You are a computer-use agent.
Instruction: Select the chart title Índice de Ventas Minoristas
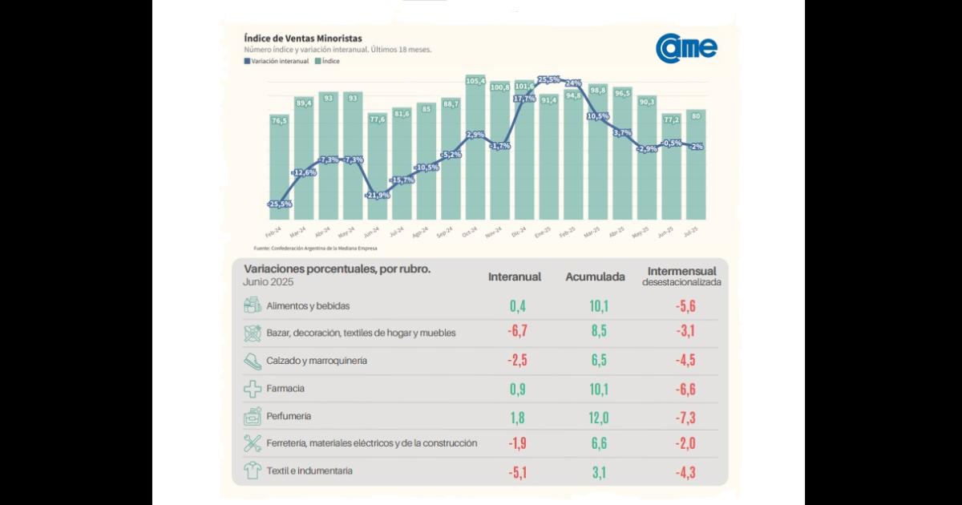[x=302, y=38]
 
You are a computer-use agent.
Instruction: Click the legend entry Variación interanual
[x=277, y=61]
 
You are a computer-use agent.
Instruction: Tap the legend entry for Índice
[x=327, y=61]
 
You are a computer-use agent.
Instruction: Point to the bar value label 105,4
[x=475, y=81]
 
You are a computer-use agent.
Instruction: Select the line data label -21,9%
[x=378, y=195]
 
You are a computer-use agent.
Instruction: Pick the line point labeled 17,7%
[x=524, y=99]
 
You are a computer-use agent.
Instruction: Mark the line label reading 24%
[x=573, y=83]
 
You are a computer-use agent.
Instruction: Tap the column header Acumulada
[x=595, y=277]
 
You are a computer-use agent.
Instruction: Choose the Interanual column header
[x=515, y=277]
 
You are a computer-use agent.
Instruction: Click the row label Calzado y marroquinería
[x=317, y=361]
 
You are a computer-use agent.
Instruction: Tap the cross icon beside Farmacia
[x=253, y=389]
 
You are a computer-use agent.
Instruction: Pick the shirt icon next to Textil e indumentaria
[x=253, y=471]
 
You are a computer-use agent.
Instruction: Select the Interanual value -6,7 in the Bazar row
[x=515, y=332]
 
